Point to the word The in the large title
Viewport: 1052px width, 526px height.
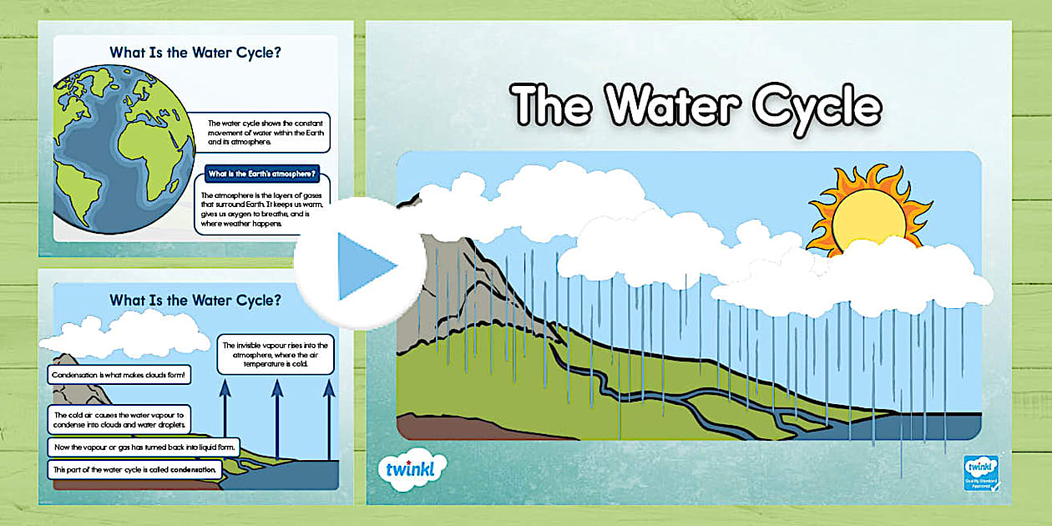pyautogui.click(x=552, y=107)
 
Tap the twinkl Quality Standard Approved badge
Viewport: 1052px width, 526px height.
pyautogui.click(x=980, y=476)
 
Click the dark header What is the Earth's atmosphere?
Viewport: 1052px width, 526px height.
pyautogui.click(x=262, y=174)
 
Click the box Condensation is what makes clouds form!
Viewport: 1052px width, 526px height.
pyautogui.click(x=120, y=376)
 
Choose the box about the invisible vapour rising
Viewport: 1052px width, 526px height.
pyautogui.click(x=276, y=354)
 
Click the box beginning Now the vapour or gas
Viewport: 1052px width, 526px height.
pyautogui.click(x=144, y=448)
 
